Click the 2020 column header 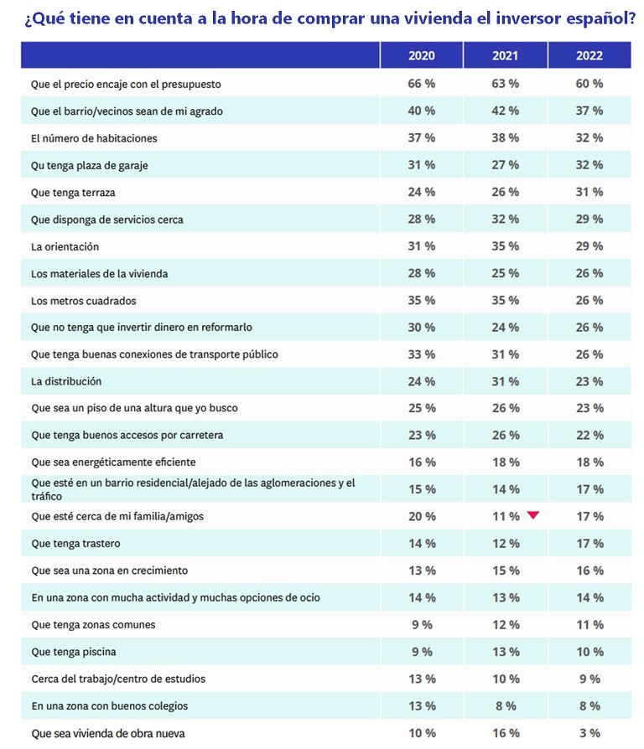[x=421, y=55]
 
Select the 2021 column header [x=506, y=55]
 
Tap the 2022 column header [x=589, y=55]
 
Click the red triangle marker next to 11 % [x=533, y=515]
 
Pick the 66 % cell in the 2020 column [x=421, y=84]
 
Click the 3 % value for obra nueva [x=589, y=733]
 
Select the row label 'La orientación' [x=65, y=247]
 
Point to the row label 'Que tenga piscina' [x=74, y=652]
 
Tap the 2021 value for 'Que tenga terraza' [x=506, y=192]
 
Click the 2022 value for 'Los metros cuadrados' [x=589, y=301]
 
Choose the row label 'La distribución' [x=66, y=382]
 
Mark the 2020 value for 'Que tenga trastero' [x=422, y=544]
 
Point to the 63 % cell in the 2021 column [x=506, y=84]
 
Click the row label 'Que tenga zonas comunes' [x=93, y=625]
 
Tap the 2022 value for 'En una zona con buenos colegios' [x=589, y=706]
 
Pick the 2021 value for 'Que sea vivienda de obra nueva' [x=506, y=733]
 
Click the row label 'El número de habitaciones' [x=94, y=138]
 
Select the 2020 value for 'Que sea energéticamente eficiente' [x=422, y=462]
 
